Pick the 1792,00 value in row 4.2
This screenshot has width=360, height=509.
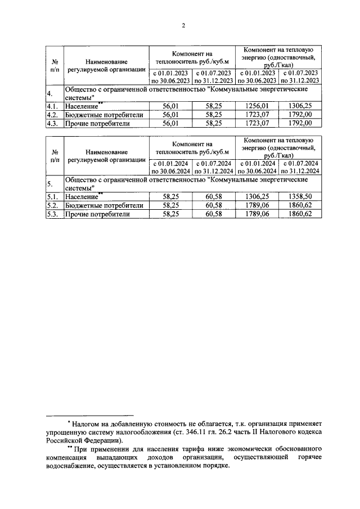(x=300, y=114)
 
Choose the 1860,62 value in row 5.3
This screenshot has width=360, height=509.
(x=300, y=214)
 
